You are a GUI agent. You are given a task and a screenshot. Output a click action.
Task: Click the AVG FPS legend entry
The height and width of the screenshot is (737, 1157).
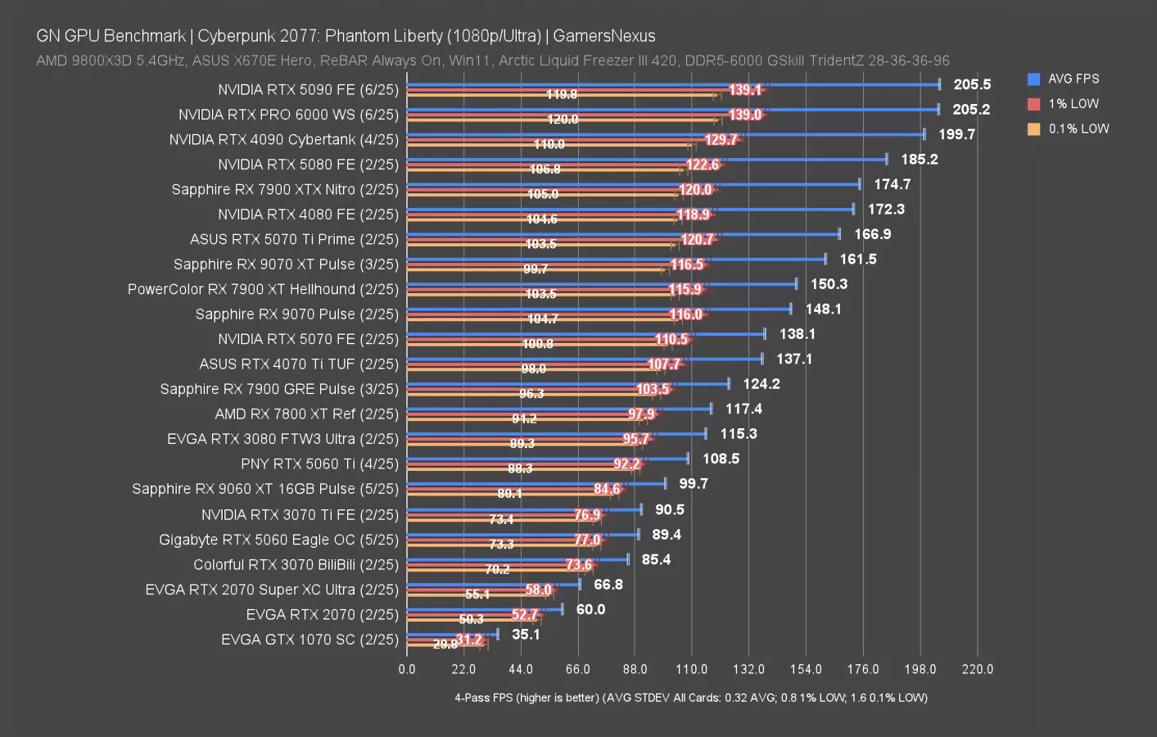click(1073, 79)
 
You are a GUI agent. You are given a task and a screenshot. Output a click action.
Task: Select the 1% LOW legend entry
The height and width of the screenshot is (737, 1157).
click(1073, 104)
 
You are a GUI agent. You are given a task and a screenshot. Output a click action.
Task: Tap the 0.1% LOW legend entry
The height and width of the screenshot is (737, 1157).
click(1078, 129)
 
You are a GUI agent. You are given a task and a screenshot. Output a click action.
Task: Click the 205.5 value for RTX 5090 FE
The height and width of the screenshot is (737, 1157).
click(972, 84)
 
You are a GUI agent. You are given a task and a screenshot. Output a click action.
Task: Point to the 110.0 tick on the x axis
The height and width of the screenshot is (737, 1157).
click(691, 669)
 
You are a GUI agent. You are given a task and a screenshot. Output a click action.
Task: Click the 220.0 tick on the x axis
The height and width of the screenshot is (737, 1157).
click(977, 669)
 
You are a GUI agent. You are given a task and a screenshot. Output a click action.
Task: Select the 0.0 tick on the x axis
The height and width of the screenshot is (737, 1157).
click(407, 669)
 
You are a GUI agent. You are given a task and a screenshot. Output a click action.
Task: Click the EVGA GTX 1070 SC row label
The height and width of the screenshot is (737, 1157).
click(310, 640)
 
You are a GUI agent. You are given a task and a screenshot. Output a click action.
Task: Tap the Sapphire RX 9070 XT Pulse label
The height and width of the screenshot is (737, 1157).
click(286, 265)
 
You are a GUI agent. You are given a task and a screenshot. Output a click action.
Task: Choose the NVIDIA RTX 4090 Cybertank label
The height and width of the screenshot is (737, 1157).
click(283, 139)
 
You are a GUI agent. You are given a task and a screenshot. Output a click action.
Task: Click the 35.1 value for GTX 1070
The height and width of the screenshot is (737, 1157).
click(526, 635)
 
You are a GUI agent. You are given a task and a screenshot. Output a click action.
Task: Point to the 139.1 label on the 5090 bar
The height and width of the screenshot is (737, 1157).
click(745, 90)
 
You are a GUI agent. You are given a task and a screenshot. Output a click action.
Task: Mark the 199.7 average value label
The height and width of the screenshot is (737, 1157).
click(956, 134)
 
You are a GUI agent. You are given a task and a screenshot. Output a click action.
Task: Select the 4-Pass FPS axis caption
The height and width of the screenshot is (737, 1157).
click(691, 698)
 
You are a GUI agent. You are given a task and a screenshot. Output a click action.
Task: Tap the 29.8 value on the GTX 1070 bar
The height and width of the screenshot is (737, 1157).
click(445, 644)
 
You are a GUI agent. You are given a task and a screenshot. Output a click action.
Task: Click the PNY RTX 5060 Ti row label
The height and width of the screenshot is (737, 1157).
click(319, 464)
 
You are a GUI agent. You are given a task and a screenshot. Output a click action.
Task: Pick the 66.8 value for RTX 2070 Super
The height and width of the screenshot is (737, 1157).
click(608, 585)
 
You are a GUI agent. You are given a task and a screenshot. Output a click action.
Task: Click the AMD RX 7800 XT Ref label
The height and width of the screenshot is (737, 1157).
click(306, 414)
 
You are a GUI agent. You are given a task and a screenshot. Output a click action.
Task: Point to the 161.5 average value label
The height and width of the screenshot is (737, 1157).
click(858, 260)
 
